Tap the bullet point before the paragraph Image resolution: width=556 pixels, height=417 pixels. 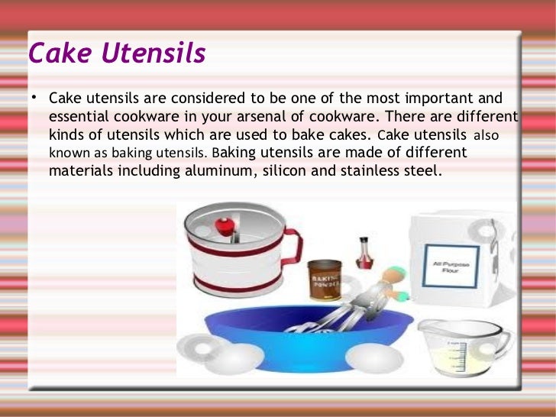point(34,98)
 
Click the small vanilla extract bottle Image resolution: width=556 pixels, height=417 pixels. point(366,252)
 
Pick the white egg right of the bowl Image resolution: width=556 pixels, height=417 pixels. point(373,357)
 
